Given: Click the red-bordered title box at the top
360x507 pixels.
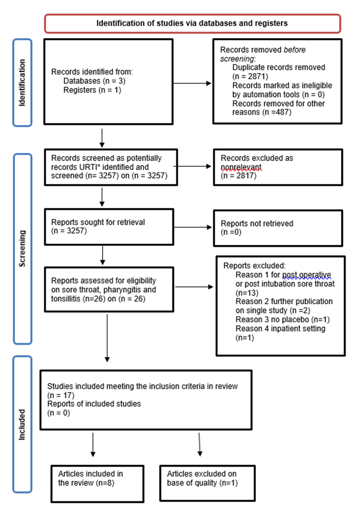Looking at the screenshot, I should point(192,23).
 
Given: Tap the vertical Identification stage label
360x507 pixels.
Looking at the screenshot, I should point(22,82).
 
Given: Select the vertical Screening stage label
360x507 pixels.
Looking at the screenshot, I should point(22,249).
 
